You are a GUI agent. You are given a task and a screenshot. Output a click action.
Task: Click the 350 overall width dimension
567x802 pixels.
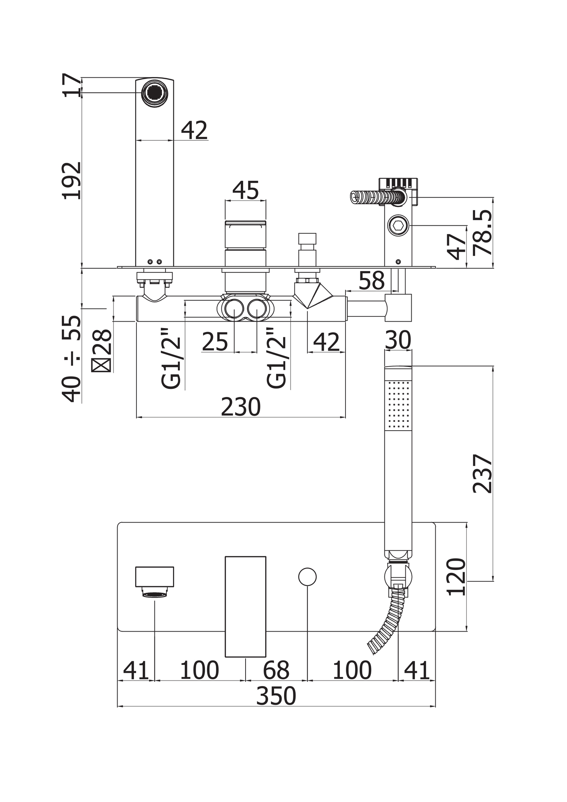click(276, 696)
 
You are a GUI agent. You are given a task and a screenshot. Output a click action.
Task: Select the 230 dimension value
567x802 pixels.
click(241, 407)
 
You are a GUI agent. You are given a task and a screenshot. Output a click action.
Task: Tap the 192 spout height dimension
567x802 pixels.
click(72, 180)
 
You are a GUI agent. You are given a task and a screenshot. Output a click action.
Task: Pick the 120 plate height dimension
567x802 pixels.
click(456, 577)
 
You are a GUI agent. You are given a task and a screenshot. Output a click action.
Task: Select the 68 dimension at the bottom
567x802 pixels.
click(276, 670)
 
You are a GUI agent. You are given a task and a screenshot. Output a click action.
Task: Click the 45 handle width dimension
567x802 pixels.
click(246, 190)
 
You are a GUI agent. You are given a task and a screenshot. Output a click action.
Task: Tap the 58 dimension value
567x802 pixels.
click(371, 281)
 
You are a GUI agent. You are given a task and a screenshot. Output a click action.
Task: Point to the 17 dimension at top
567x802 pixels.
click(72, 85)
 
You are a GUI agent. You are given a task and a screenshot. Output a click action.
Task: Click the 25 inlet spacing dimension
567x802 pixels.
click(215, 342)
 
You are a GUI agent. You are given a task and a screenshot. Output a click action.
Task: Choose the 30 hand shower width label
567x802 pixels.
click(398, 340)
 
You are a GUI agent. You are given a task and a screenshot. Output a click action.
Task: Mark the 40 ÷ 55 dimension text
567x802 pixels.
click(72, 359)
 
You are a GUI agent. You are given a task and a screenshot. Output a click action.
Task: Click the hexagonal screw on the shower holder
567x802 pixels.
click(398, 225)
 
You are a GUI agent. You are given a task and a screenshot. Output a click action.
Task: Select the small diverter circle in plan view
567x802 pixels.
click(307, 577)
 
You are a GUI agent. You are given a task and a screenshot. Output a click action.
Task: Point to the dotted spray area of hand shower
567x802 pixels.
click(398, 405)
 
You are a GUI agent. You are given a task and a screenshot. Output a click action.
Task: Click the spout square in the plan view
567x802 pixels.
click(154, 577)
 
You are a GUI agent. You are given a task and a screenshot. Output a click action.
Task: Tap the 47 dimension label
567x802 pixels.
click(456, 247)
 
